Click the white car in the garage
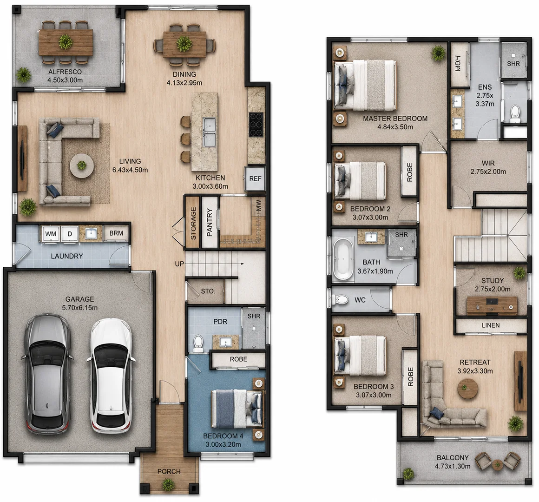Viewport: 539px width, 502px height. tap(111, 376)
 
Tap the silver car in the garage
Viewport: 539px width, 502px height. tap(47, 374)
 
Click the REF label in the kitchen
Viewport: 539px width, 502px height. tap(255, 179)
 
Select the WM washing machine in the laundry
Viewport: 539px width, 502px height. tap(51, 234)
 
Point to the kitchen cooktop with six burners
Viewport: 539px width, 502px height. tap(256, 125)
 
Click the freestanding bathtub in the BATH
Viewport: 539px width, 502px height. tap(343, 258)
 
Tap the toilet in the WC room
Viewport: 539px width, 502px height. tap(340, 300)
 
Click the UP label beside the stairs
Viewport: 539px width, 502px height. tap(179, 264)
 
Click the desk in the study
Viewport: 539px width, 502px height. tap(492, 305)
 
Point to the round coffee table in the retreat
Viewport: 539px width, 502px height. tap(468, 389)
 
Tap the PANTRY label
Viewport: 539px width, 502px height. tap(210, 222)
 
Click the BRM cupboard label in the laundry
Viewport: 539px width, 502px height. tap(116, 233)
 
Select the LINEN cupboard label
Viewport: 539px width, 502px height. tap(491, 325)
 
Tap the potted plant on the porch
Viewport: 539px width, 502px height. tap(168, 485)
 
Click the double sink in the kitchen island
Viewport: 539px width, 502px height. tap(209, 132)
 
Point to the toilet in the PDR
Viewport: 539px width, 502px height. tap(198, 343)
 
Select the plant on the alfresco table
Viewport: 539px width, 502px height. tap(66, 42)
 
